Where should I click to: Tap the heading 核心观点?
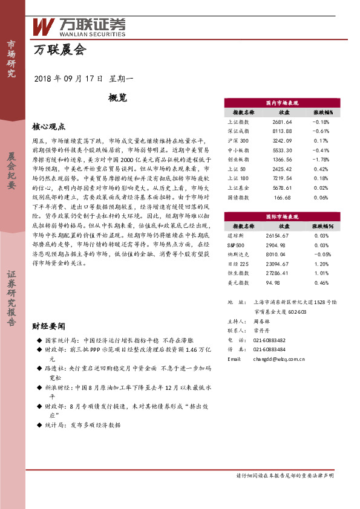point(48,126)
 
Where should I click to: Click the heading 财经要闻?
point(48,326)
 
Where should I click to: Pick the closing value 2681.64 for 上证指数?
point(283,122)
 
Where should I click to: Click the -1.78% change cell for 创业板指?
point(321,159)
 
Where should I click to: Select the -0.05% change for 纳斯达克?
point(321,254)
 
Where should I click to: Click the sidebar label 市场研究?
point(11,59)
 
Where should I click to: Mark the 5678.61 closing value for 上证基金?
point(283,187)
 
